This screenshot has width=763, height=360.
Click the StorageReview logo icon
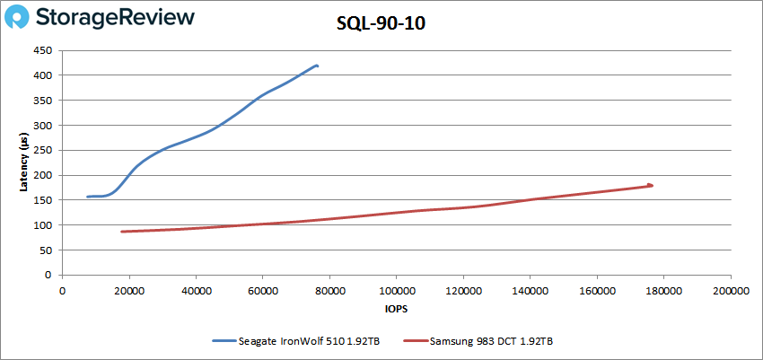[22, 17]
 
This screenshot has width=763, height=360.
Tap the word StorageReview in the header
[117, 17]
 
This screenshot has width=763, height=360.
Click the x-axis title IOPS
[396, 310]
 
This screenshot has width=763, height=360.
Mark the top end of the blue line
[317, 66]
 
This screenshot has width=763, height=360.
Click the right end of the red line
[651, 185]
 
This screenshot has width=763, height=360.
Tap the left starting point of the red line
[122, 232]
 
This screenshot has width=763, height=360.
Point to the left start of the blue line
[88, 197]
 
